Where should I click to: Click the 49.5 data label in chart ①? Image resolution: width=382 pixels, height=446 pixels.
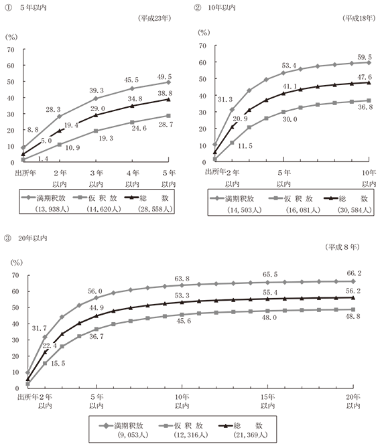tap(164, 77)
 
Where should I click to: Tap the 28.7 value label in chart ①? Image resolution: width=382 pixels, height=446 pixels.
tap(166, 125)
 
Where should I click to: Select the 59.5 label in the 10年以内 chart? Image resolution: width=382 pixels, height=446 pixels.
tap(365, 57)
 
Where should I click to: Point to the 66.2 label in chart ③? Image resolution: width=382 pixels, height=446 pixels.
tap(354, 273)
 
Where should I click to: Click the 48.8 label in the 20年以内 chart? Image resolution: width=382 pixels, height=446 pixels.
tap(353, 316)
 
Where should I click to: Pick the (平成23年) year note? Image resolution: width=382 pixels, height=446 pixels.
tap(155, 19)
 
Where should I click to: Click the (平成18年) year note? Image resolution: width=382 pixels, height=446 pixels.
tap(359, 19)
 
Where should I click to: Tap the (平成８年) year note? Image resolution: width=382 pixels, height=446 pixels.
tap(342, 247)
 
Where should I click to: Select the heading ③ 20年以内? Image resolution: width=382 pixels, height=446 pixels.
tap(25, 238)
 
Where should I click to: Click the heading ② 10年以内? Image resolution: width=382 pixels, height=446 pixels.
tap(215, 7)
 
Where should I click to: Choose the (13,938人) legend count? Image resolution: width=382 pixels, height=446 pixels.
tap(52, 209)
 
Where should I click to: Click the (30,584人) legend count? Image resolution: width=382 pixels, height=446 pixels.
tap(355, 210)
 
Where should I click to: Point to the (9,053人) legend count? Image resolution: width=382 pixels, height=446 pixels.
tap(133, 435)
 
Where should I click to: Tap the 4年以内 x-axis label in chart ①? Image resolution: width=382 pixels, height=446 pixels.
tap(133, 178)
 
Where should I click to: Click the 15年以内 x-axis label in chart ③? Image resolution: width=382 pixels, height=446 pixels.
tap(267, 401)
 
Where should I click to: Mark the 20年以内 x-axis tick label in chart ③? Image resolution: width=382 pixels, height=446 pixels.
tap(353, 401)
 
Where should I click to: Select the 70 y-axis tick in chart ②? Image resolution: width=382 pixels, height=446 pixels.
tap(202, 46)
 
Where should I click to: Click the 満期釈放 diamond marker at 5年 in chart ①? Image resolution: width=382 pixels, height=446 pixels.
tap(168, 82)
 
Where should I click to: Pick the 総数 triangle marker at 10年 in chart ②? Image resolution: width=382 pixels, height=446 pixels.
tap(369, 83)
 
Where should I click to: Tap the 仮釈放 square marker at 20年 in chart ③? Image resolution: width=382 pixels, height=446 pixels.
tap(353, 309)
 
